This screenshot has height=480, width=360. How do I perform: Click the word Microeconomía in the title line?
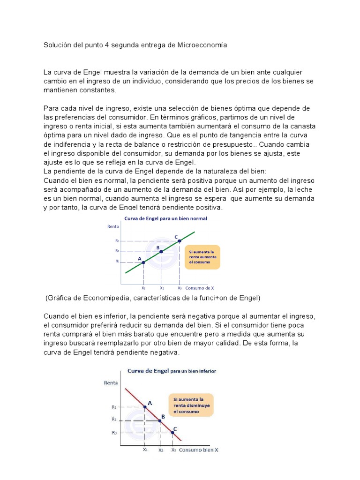point(202,45)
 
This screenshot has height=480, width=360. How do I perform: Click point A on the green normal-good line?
point(143,262)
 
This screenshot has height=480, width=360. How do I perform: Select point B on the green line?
point(161,252)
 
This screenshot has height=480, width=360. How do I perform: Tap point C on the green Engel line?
point(180,241)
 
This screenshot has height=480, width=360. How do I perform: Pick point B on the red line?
point(160,421)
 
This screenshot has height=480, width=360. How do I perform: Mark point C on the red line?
point(172,433)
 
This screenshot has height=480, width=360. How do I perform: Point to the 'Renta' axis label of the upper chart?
point(113,226)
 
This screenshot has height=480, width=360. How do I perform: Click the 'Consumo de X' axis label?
point(200,288)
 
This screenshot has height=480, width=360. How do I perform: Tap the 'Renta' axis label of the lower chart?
point(111,382)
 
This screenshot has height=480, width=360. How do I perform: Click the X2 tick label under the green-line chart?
point(162,288)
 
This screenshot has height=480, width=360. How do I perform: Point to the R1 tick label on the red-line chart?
point(114,407)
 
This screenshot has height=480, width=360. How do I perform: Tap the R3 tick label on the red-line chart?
point(114,433)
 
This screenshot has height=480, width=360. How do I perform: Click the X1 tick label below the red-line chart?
point(145,449)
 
